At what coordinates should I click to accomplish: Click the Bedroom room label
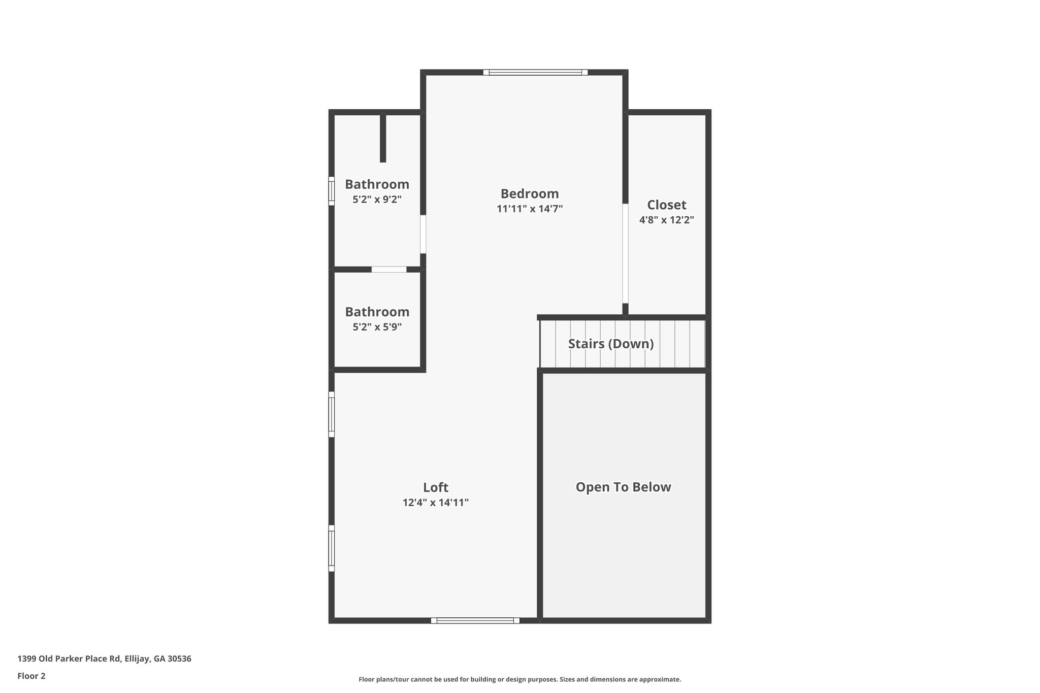coord(530,193)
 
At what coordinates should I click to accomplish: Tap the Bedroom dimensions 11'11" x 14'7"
coord(530,209)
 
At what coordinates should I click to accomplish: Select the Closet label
coord(666,205)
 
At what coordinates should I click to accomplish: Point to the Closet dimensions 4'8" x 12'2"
coord(666,220)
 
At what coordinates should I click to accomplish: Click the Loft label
coord(435,487)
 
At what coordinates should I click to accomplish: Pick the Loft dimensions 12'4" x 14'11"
coord(435,503)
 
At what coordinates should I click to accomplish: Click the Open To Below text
coord(623,487)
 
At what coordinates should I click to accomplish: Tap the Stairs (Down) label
coord(610,344)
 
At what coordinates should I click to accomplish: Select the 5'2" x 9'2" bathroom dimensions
coord(377,200)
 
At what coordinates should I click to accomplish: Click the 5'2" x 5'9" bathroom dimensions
coord(377,327)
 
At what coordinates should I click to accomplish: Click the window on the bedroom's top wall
coord(535,73)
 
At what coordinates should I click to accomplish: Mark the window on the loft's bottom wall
coord(475,620)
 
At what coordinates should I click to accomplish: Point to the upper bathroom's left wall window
coord(332,191)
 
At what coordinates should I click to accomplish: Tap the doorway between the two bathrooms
coord(389,270)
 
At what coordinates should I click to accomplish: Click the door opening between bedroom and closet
coord(625,253)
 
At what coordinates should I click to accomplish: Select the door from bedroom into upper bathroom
coord(423,234)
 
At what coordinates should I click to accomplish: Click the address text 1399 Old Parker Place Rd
coord(104,659)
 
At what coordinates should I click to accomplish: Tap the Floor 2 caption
coord(31,676)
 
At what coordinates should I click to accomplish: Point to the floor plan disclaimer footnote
coord(519,679)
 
